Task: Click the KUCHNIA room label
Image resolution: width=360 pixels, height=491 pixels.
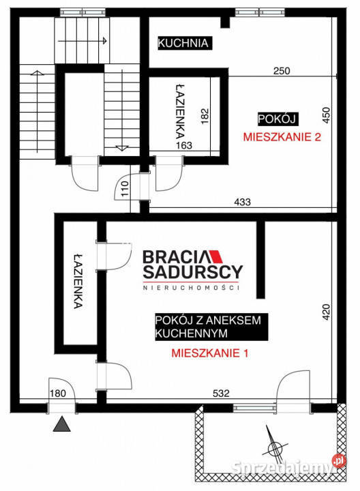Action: pos(183,44)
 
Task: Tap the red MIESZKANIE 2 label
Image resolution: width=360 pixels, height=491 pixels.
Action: pos(282,136)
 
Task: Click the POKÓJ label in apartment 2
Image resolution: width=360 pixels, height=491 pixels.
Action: pos(276,118)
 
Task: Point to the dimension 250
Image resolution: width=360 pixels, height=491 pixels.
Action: pos(282,71)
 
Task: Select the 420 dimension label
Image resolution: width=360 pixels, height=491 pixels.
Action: pos(327,312)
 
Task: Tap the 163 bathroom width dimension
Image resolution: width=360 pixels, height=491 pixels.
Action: pos(185,145)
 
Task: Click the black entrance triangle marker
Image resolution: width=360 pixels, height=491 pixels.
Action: pos(62,425)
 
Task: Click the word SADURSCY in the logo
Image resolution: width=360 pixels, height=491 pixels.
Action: pos(192,273)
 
